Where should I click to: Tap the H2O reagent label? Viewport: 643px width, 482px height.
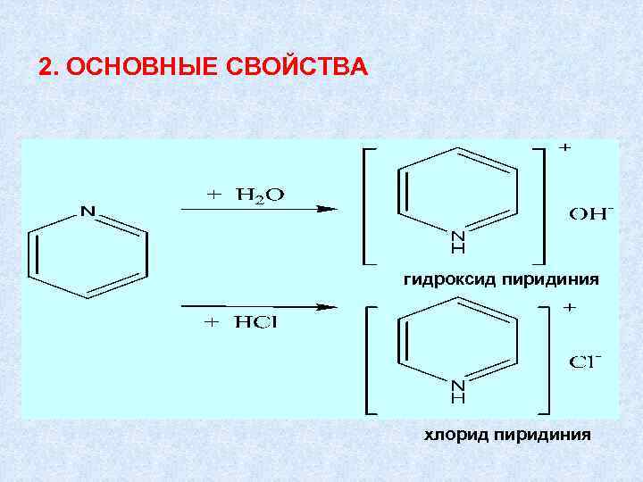pyautogui.click(x=260, y=195)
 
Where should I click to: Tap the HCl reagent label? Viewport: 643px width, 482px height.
pyautogui.click(x=256, y=323)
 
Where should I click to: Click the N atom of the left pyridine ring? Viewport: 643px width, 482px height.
pyautogui.click(x=88, y=212)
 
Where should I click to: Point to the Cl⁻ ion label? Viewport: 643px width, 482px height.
pyautogui.click(x=586, y=362)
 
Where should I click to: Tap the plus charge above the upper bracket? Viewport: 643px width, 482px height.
pyautogui.click(x=565, y=146)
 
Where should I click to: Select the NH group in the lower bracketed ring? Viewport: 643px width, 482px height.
pyautogui.click(x=457, y=392)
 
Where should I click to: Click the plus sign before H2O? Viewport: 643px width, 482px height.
pyautogui.click(x=214, y=194)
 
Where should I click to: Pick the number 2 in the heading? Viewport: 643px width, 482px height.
pyautogui.click(x=46, y=68)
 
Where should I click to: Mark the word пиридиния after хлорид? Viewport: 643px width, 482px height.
pyautogui.click(x=543, y=435)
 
